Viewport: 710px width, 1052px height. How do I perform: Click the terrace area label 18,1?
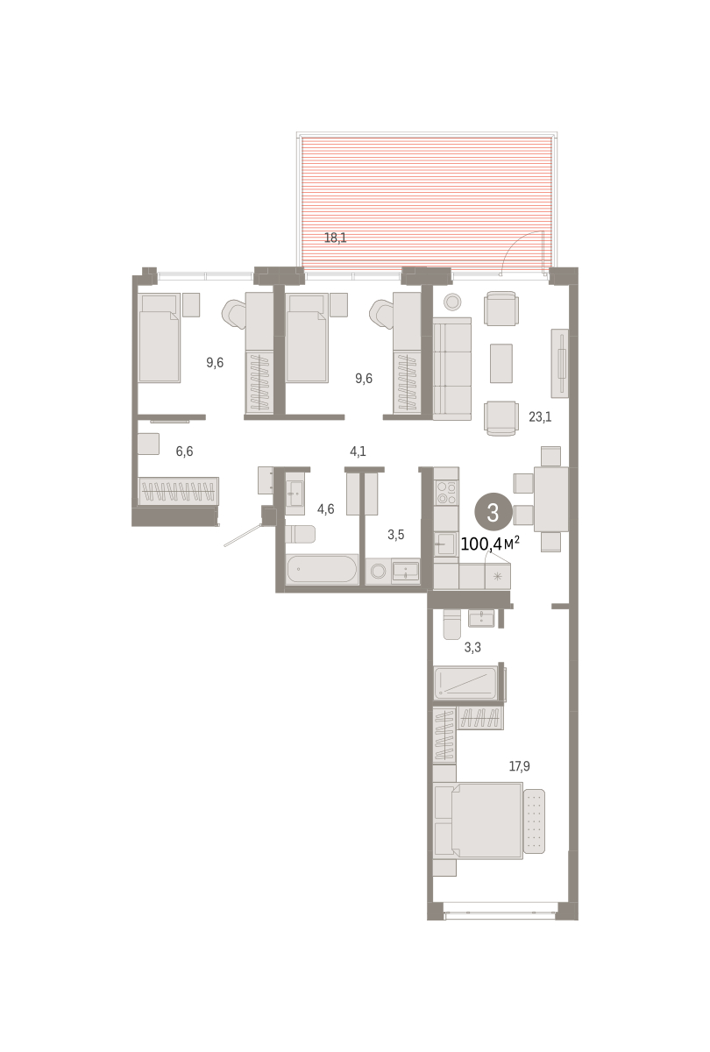335,238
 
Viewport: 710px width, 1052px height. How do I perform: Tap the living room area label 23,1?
540,416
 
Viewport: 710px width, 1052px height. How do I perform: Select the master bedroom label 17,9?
519,766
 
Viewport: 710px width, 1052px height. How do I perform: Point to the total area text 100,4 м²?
490,544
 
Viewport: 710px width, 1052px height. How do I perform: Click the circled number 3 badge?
493,512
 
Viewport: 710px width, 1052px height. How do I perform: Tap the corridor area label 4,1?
358,451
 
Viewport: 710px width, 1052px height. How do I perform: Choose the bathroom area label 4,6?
325,508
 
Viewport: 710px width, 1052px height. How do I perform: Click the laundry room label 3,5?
396,535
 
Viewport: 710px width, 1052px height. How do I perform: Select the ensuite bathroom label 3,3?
472,647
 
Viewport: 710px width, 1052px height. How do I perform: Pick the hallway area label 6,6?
184,451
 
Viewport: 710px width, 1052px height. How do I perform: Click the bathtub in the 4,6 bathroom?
322,569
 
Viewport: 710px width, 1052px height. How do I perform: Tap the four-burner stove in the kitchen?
446,492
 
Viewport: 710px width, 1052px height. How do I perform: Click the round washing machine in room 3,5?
378,571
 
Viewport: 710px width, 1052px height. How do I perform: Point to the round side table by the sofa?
452,302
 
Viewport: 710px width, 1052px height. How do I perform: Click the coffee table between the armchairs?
501,363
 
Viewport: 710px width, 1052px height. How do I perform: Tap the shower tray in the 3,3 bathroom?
465,683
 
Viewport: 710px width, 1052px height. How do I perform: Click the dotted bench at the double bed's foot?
535,821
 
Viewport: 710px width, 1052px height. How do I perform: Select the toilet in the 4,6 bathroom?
300,534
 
